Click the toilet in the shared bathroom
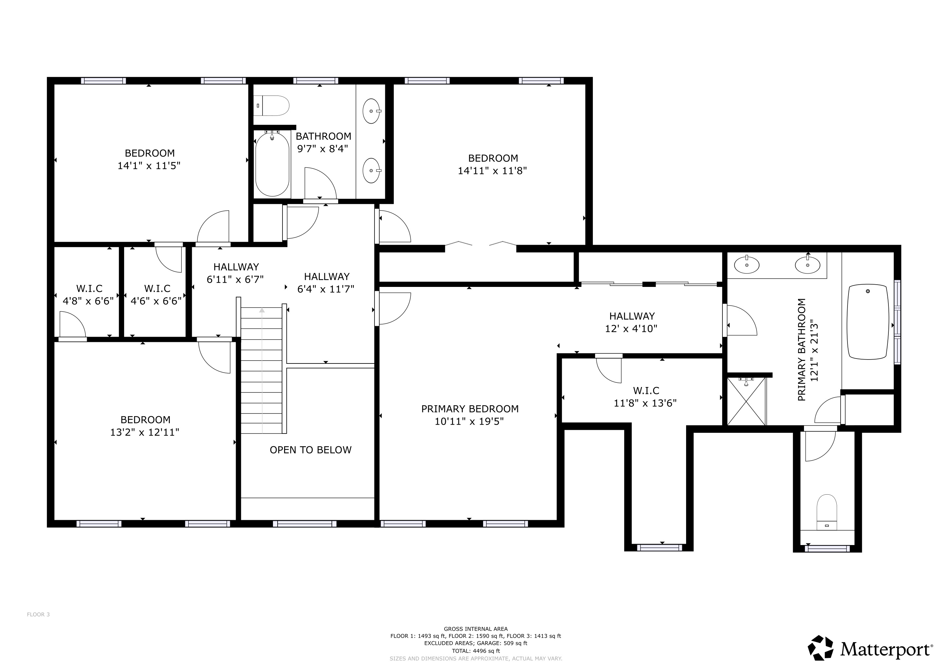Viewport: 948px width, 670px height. point(272,106)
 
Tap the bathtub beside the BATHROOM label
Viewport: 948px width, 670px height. point(272,164)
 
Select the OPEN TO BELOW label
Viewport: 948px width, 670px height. point(311,450)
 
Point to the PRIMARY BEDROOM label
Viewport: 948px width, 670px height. point(470,409)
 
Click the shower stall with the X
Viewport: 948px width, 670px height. point(746,401)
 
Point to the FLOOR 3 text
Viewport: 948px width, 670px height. point(38,614)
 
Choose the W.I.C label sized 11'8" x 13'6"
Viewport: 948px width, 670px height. point(646,390)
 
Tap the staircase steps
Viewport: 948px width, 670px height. point(261,371)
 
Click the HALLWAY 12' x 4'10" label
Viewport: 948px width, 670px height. point(632,316)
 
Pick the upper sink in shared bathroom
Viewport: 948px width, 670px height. point(371,111)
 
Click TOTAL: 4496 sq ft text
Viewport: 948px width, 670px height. point(476,651)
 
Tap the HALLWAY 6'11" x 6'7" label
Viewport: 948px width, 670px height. point(236,267)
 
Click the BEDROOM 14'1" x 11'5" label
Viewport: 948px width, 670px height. point(150,153)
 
